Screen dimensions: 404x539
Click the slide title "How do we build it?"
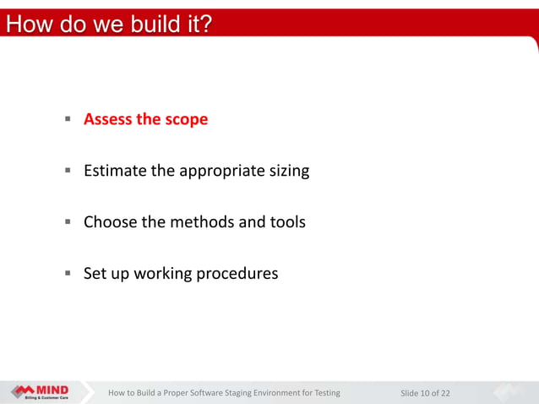pyautogui.click(x=107, y=24)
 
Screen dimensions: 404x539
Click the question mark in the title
pyautogui.click(x=205, y=24)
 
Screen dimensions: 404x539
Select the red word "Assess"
pyautogui.click(x=107, y=119)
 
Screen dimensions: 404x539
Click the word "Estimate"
pyautogui.click(x=114, y=171)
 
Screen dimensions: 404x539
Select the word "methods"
pyautogui.click(x=200, y=222)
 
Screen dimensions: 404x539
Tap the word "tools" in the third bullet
pyautogui.click(x=286, y=222)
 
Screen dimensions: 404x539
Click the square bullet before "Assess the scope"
pyautogui.click(x=66, y=119)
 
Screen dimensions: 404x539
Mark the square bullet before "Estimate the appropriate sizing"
pyautogui.click(x=66, y=171)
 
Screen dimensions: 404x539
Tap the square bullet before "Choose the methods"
pyautogui.click(x=66, y=222)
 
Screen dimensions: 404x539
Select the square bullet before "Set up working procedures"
pyautogui.click(x=66, y=274)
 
